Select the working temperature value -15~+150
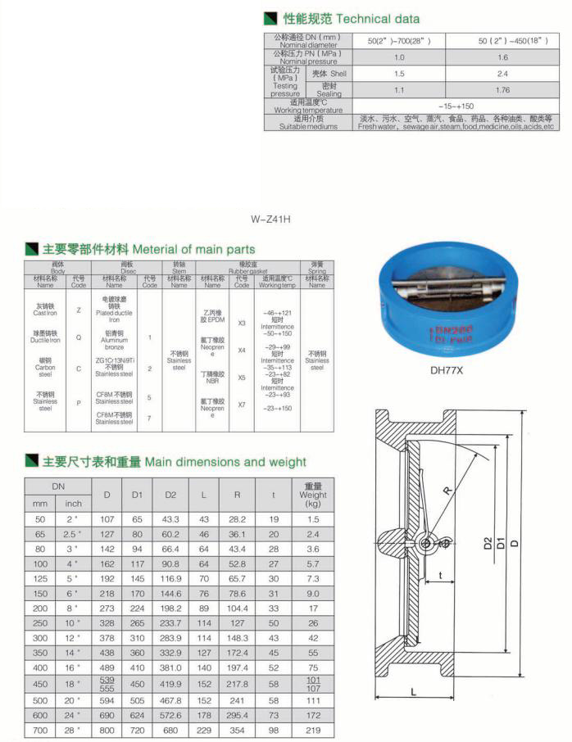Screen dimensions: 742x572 tap(456, 106)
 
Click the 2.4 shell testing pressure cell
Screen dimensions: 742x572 tap(502, 74)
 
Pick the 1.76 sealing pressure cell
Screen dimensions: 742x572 tap(502, 90)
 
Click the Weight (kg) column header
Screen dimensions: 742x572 tap(312, 494)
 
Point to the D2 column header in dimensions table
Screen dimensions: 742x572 tap(170, 494)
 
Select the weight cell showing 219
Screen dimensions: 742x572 tap(312, 729)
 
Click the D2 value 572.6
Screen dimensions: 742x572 tap(170, 715)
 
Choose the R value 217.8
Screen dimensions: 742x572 tap(238, 681)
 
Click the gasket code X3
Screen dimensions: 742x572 tap(242, 323)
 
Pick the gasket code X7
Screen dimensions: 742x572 tap(242, 404)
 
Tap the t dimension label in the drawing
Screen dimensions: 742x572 tap(440, 576)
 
